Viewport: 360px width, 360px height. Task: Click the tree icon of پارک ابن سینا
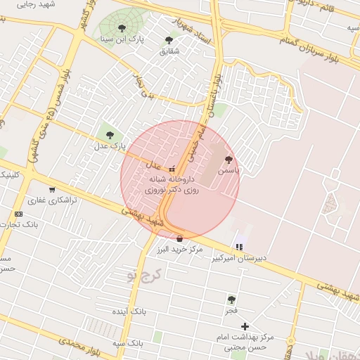[x=122, y=29]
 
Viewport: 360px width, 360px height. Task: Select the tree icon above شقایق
[x=169, y=40]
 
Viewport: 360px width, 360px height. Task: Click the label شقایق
[x=169, y=51]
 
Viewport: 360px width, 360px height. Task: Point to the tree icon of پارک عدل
[x=109, y=134]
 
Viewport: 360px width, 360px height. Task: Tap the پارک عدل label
[x=109, y=146]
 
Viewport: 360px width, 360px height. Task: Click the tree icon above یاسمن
[x=228, y=160]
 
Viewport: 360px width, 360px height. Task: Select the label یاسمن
[x=228, y=170]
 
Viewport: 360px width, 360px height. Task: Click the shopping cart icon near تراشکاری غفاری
[x=52, y=189]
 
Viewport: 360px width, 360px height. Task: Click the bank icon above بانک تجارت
[x=18, y=214]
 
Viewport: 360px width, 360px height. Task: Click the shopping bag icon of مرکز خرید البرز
[x=180, y=238]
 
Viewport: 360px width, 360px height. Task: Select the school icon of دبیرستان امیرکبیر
[x=240, y=247]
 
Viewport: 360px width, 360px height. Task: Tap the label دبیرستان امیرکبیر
[x=240, y=258]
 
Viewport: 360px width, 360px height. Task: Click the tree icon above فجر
[x=231, y=299]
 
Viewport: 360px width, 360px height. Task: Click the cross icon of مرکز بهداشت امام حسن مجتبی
[x=245, y=326]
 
